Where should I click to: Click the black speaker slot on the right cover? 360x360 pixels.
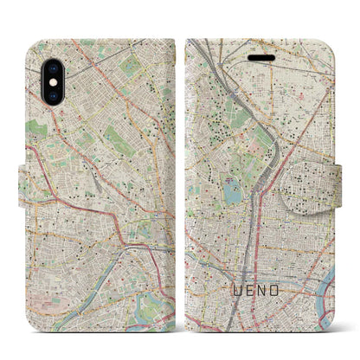pyautogui.click(x=260, y=55)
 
